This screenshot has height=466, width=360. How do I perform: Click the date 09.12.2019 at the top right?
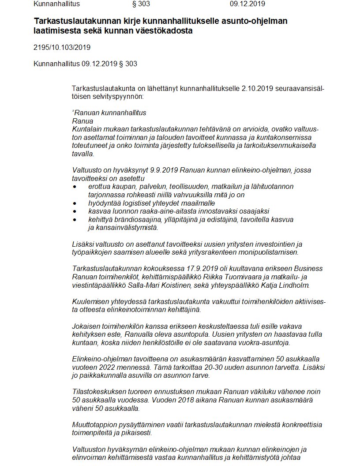pyautogui.click(x=247, y=4)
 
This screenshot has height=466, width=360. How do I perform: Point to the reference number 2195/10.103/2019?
pyautogui.click(x=62, y=47)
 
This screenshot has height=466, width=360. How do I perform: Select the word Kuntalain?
pyautogui.click(x=87, y=128)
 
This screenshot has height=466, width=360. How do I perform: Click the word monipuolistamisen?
pyautogui.click(x=263, y=252)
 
